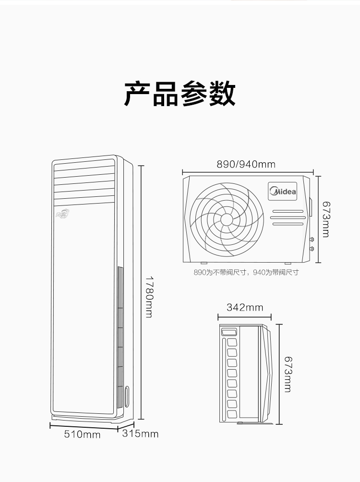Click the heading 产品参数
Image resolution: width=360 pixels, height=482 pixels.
tap(180, 94)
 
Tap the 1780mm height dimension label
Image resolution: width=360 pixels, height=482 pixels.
tap(149, 297)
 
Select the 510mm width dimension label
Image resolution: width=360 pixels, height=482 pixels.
tap(82, 434)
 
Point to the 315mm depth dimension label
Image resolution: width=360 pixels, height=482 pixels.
tap(140, 434)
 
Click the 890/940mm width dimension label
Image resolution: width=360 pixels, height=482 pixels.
tap(246, 164)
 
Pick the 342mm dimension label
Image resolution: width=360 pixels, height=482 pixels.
tap(245, 307)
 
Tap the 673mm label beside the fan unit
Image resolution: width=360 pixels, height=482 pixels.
tap(326, 219)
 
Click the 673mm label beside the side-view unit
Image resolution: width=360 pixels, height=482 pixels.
tap(288, 374)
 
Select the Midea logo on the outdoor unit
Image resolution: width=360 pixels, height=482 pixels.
tap(282, 191)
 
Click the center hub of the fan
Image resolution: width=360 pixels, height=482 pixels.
tap(227, 219)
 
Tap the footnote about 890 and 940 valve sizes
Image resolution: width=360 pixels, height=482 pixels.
tap(246, 272)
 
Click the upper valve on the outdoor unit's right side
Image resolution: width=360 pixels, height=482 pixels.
tap(312, 239)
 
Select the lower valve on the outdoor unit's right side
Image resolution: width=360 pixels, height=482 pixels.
tap(312, 248)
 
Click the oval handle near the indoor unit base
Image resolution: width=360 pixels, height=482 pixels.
tap(127, 396)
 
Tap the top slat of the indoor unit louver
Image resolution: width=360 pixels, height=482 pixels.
tap(84, 165)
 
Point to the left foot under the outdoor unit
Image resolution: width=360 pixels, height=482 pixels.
tap(204, 263)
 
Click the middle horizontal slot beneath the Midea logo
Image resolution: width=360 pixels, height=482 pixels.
tap(288, 217)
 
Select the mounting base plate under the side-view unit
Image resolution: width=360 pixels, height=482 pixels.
tap(255, 423)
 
